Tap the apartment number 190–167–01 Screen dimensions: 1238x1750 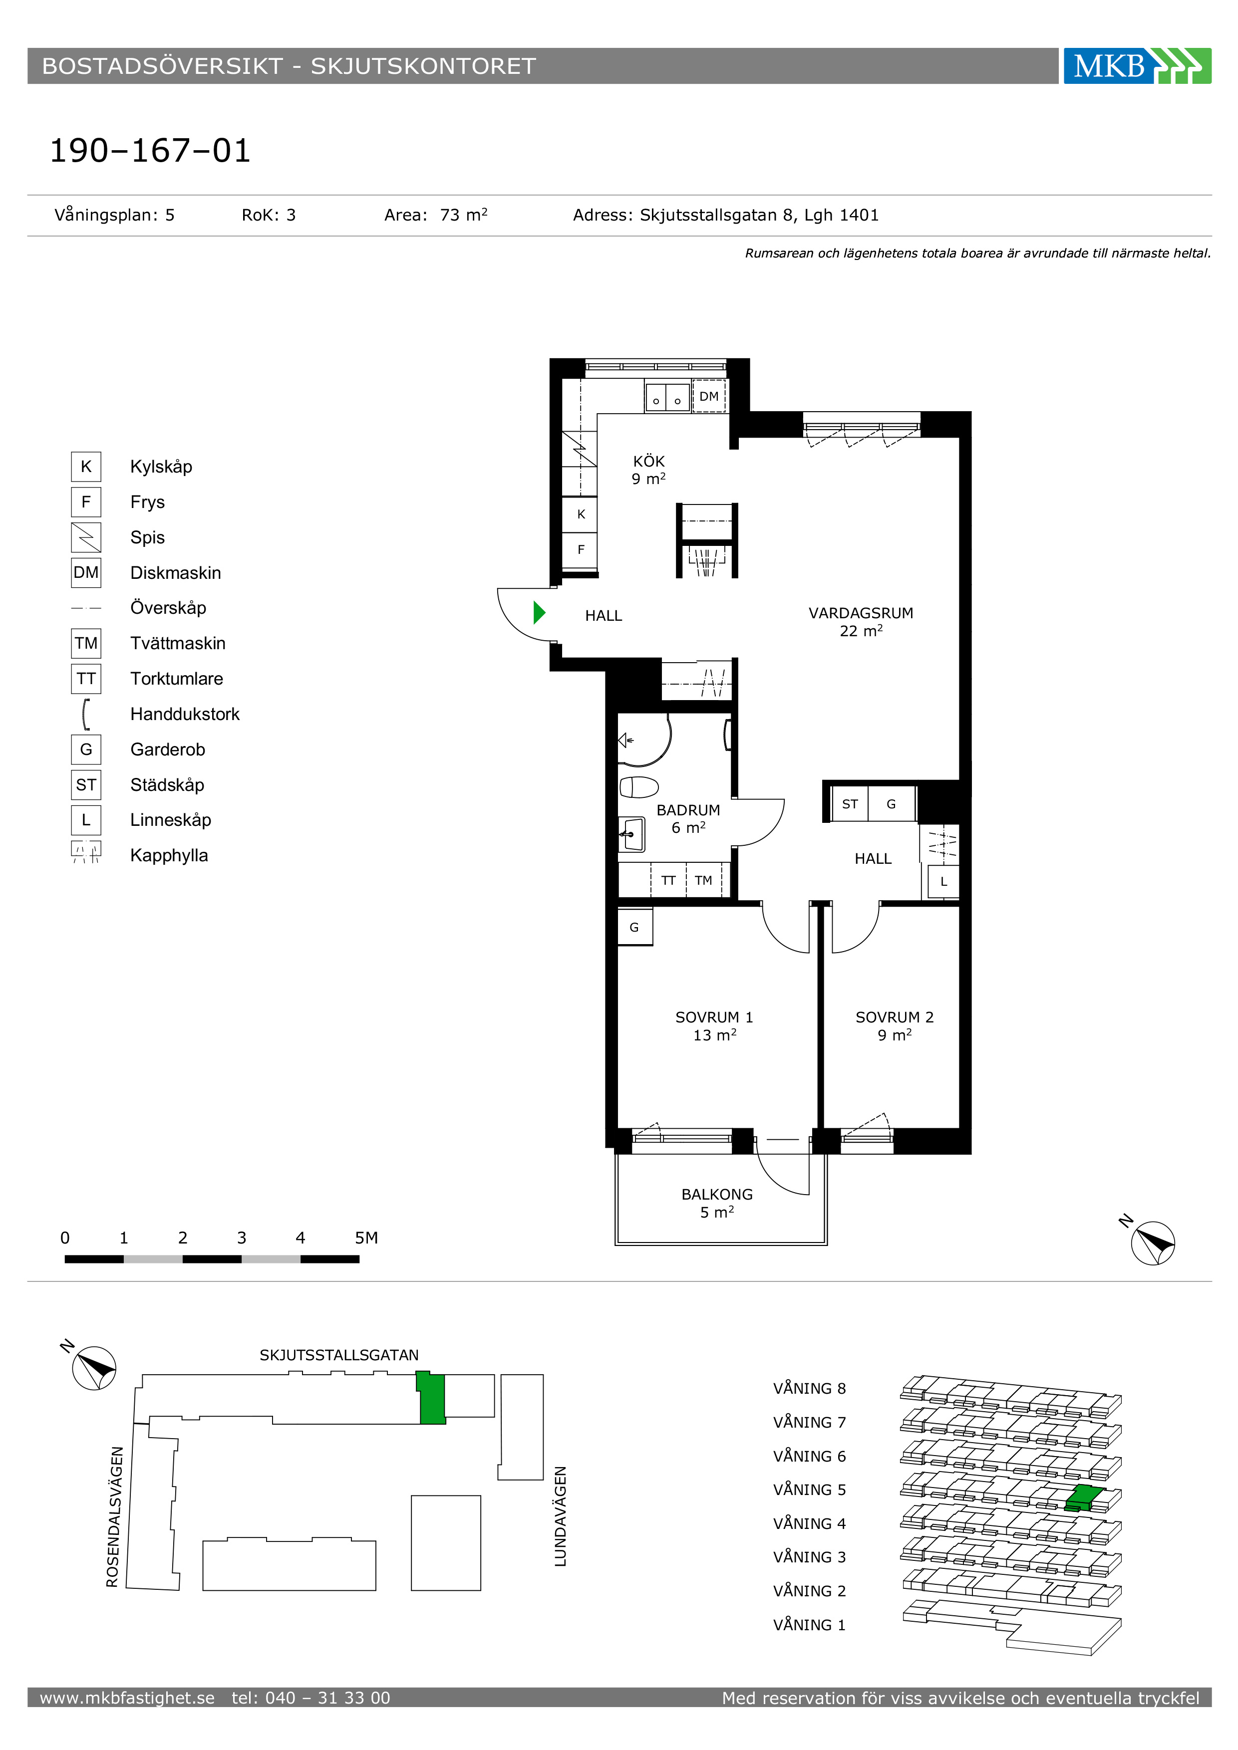[x=150, y=151]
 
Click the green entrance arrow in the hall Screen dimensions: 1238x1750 [x=540, y=612]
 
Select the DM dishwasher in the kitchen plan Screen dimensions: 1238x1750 [x=709, y=396]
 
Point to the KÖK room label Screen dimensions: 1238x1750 [x=649, y=461]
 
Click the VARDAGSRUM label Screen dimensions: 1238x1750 [x=861, y=613]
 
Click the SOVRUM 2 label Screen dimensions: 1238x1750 [x=894, y=1017]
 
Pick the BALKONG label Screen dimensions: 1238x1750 [x=716, y=1194]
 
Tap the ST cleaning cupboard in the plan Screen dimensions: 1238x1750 [x=850, y=804]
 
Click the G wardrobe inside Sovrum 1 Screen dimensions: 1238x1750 [x=634, y=928]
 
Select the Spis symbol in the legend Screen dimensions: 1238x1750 [x=86, y=537]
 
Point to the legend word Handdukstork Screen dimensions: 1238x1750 [x=185, y=714]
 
